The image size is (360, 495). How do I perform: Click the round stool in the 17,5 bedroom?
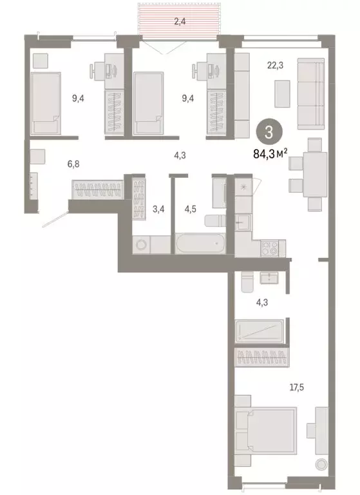[321, 464]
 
